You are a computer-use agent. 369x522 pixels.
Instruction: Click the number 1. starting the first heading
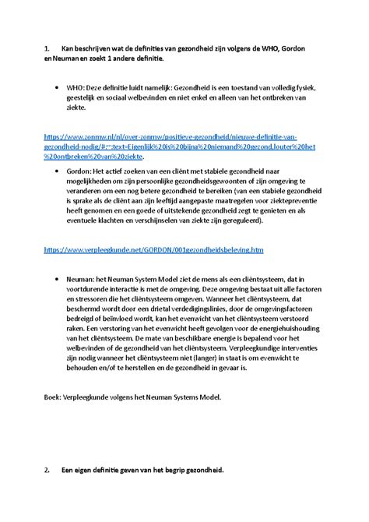point(47,49)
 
